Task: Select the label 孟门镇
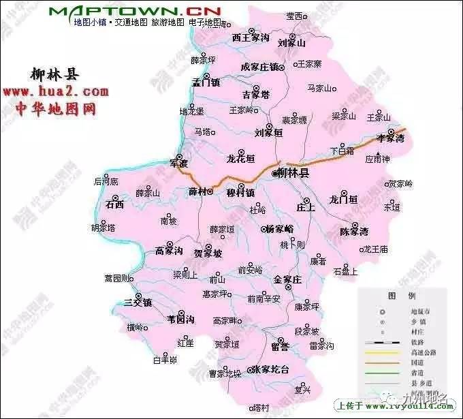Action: [206, 82]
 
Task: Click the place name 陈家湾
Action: [354, 231]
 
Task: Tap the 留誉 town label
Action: [279, 347]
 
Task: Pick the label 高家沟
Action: [169, 251]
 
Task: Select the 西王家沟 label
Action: [251, 39]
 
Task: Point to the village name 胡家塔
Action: [103, 227]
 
